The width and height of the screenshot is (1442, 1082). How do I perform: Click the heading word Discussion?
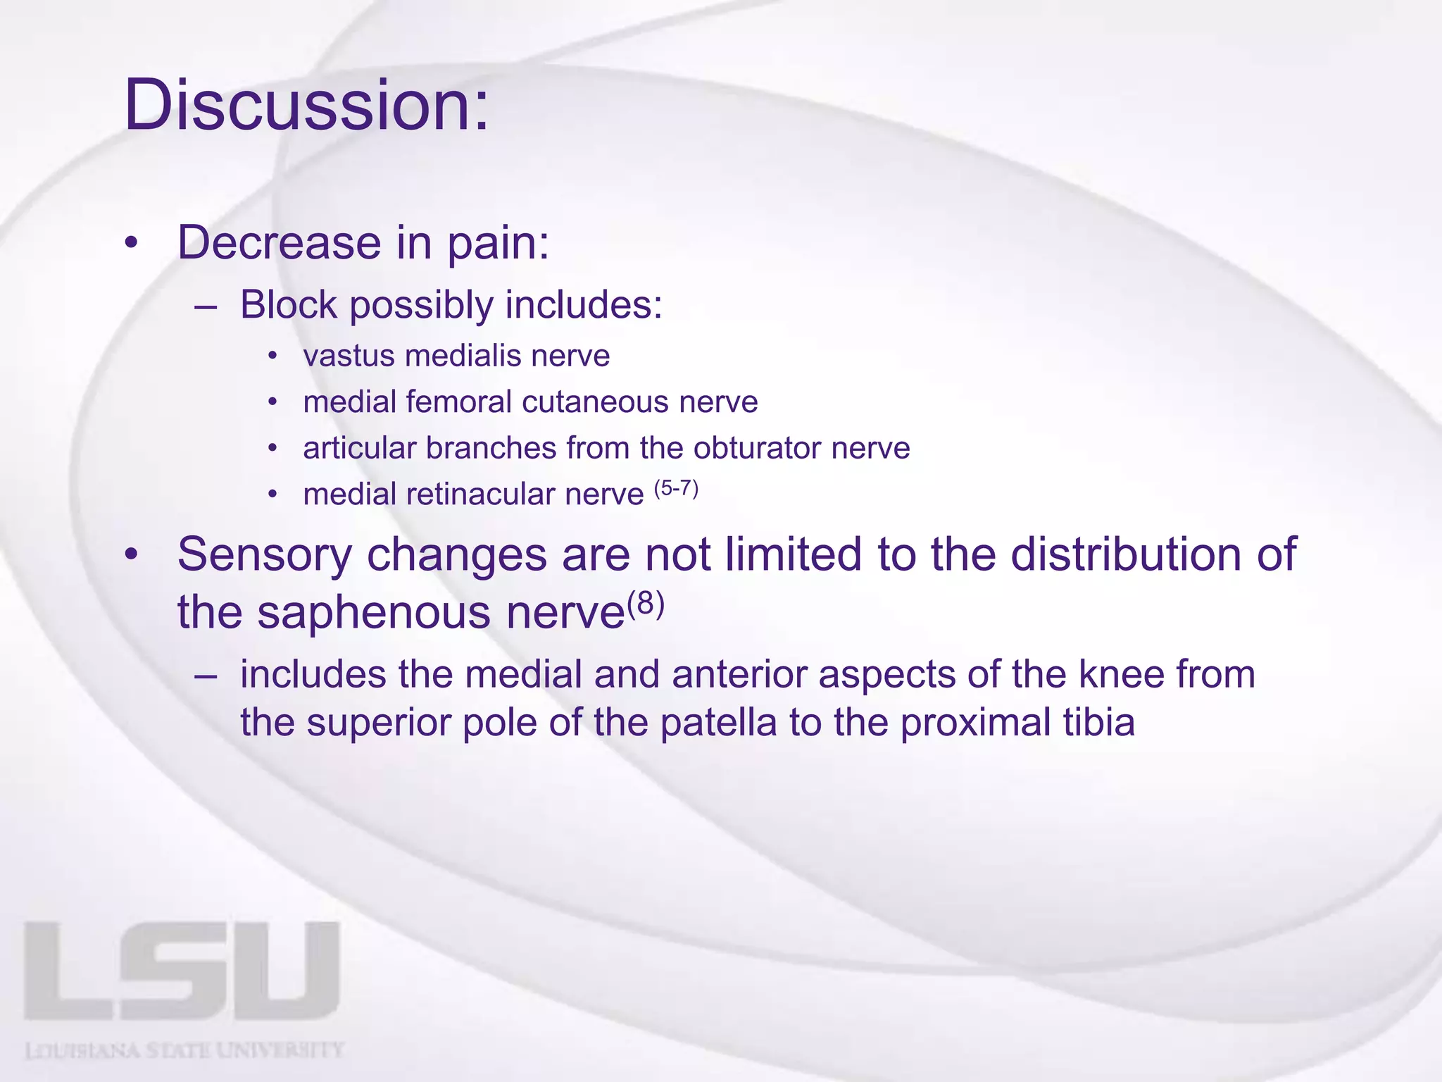[306, 106]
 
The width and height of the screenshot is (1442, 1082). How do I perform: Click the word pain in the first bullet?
[497, 243]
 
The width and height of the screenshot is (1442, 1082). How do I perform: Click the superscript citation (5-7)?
[676, 487]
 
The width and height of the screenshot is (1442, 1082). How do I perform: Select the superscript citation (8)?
[646, 604]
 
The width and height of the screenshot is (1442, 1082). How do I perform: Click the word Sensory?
[264, 554]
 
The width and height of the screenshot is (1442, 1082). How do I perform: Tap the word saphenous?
[373, 612]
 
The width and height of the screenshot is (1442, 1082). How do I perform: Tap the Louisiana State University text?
[184, 1051]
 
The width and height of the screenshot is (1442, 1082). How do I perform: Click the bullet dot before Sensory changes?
[131, 556]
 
